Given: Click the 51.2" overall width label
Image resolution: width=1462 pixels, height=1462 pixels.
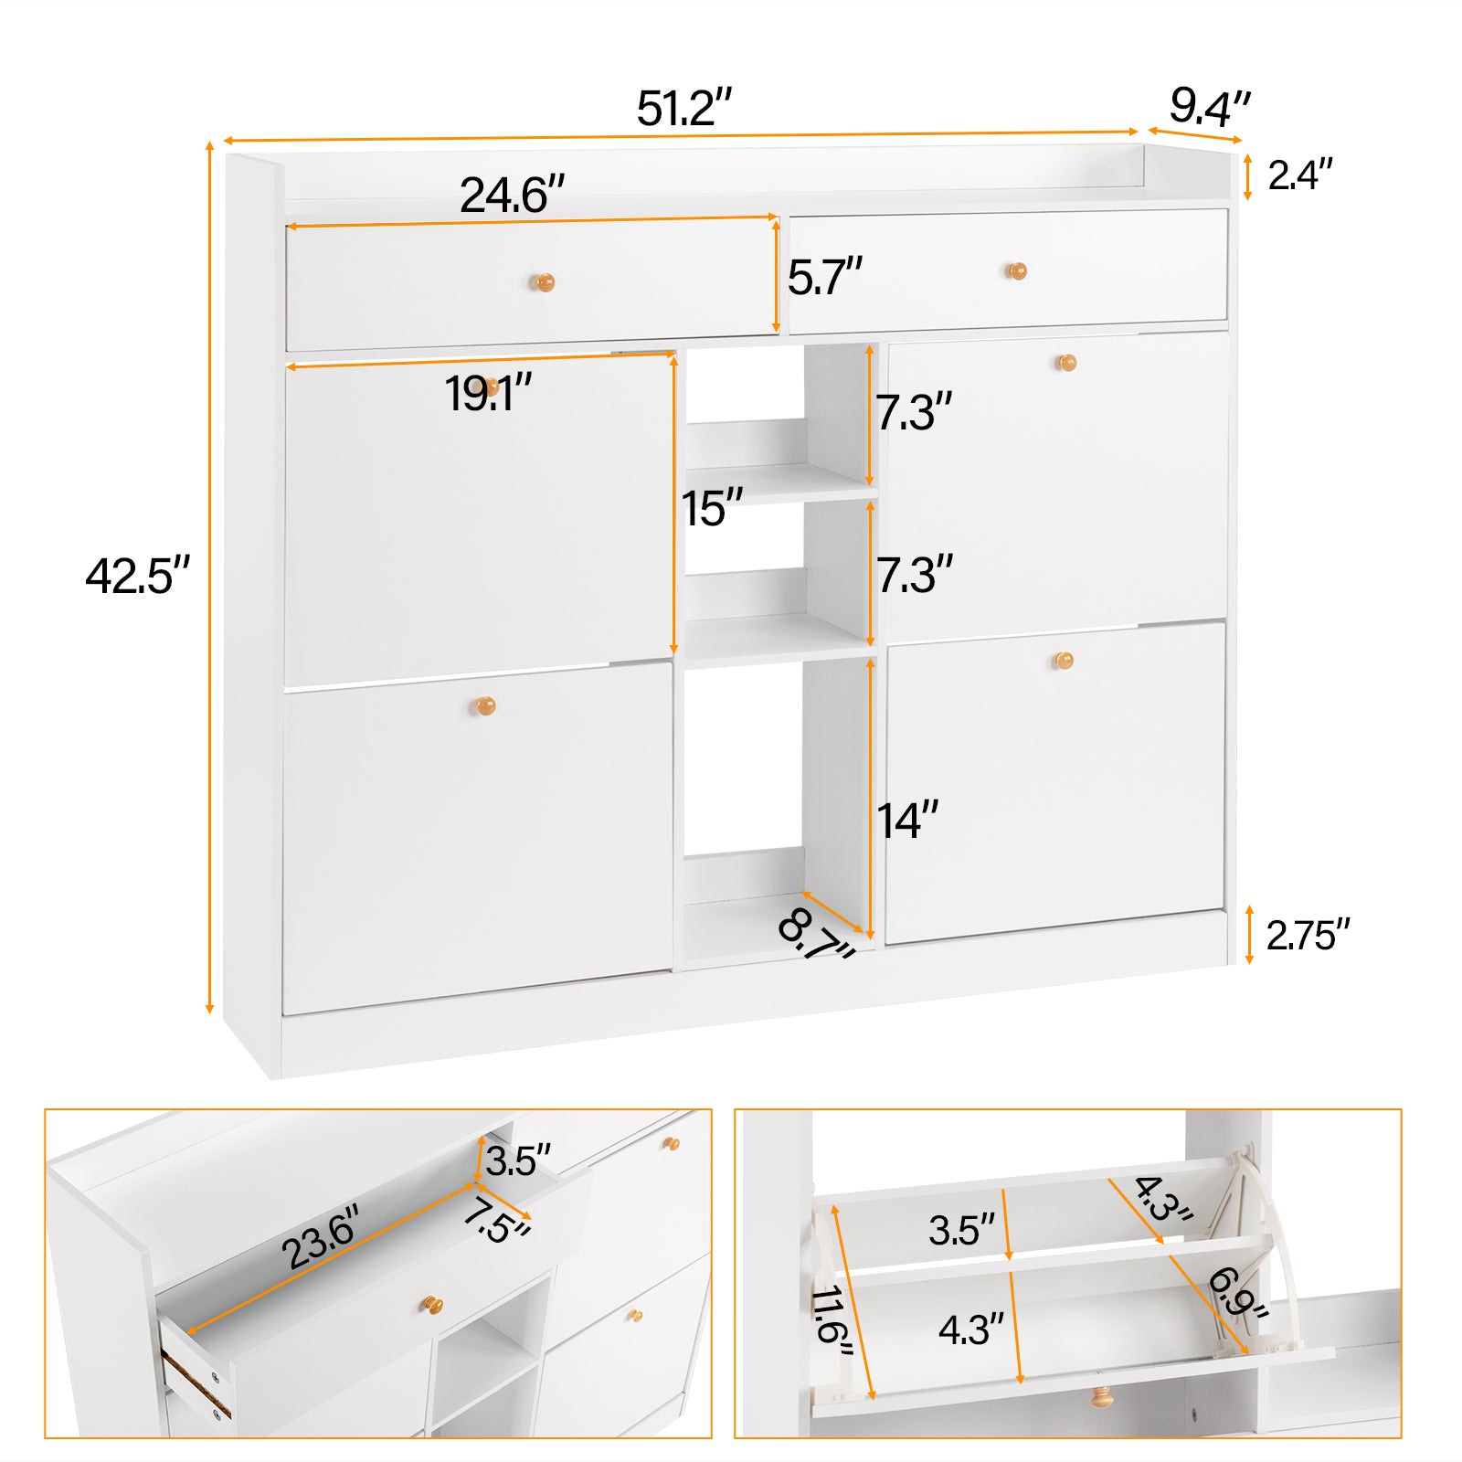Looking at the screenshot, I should point(684,109).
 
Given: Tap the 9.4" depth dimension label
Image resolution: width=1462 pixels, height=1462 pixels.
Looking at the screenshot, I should point(1209,107).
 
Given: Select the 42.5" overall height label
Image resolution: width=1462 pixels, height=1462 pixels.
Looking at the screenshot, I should point(137,576).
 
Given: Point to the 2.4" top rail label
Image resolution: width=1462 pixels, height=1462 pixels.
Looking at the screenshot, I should point(1299,175).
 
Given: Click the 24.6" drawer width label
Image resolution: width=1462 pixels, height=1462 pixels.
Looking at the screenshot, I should point(512,195).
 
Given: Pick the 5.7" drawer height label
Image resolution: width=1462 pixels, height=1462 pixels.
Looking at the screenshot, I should point(824,277).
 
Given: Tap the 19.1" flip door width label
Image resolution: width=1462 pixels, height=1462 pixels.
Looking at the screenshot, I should point(488,394).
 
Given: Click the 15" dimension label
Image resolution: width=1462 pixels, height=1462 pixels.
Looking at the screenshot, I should point(712,508).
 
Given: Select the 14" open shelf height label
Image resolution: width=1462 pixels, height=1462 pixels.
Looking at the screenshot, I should point(907,821).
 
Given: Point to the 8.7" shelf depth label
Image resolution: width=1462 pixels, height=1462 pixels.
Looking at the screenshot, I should point(815,935).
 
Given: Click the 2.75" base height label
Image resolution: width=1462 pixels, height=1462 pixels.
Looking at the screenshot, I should point(1308,935).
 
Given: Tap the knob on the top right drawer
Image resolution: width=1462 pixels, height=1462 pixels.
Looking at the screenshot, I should point(1016,270).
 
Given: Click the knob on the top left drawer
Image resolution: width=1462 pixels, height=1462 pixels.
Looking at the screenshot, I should point(543,282).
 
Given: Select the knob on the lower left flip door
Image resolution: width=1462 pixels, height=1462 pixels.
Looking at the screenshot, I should point(484,705).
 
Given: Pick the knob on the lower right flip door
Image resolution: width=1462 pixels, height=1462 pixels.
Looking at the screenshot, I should point(1063,660).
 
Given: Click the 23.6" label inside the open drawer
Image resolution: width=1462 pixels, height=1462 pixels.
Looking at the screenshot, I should point(319,1237).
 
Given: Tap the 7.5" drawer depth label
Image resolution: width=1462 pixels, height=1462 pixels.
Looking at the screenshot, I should point(496,1222).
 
